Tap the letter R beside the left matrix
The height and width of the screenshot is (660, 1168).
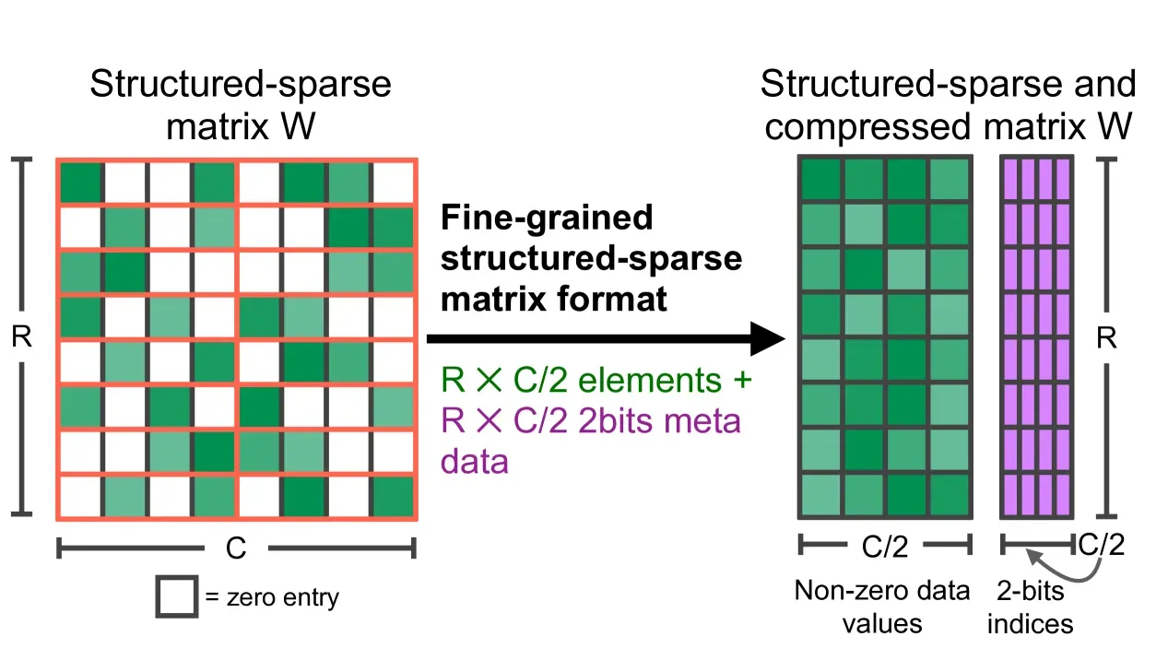(x=21, y=336)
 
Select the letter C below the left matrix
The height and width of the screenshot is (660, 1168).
(x=236, y=548)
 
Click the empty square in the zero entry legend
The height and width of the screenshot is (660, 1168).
(x=177, y=597)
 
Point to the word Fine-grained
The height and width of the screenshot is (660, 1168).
(x=547, y=218)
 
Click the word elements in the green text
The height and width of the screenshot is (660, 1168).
(x=650, y=380)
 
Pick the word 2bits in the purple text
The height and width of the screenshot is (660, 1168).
(x=615, y=420)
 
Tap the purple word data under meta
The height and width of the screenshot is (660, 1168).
(x=475, y=462)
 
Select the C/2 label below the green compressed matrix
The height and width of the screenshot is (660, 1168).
(x=885, y=547)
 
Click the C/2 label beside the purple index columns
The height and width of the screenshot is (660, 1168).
(x=1101, y=545)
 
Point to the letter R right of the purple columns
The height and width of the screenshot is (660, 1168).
(x=1106, y=337)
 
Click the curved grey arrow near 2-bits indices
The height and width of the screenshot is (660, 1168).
(x=1069, y=572)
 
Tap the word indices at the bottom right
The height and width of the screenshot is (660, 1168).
(x=1031, y=624)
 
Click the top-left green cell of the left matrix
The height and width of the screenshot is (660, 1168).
(x=81, y=182)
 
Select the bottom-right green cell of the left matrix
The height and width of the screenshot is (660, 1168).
(x=393, y=496)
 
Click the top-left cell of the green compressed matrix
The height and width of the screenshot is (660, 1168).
(x=820, y=180)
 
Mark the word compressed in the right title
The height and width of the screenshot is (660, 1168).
(x=867, y=126)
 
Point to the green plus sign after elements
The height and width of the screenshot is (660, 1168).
(x=743, y=380)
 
